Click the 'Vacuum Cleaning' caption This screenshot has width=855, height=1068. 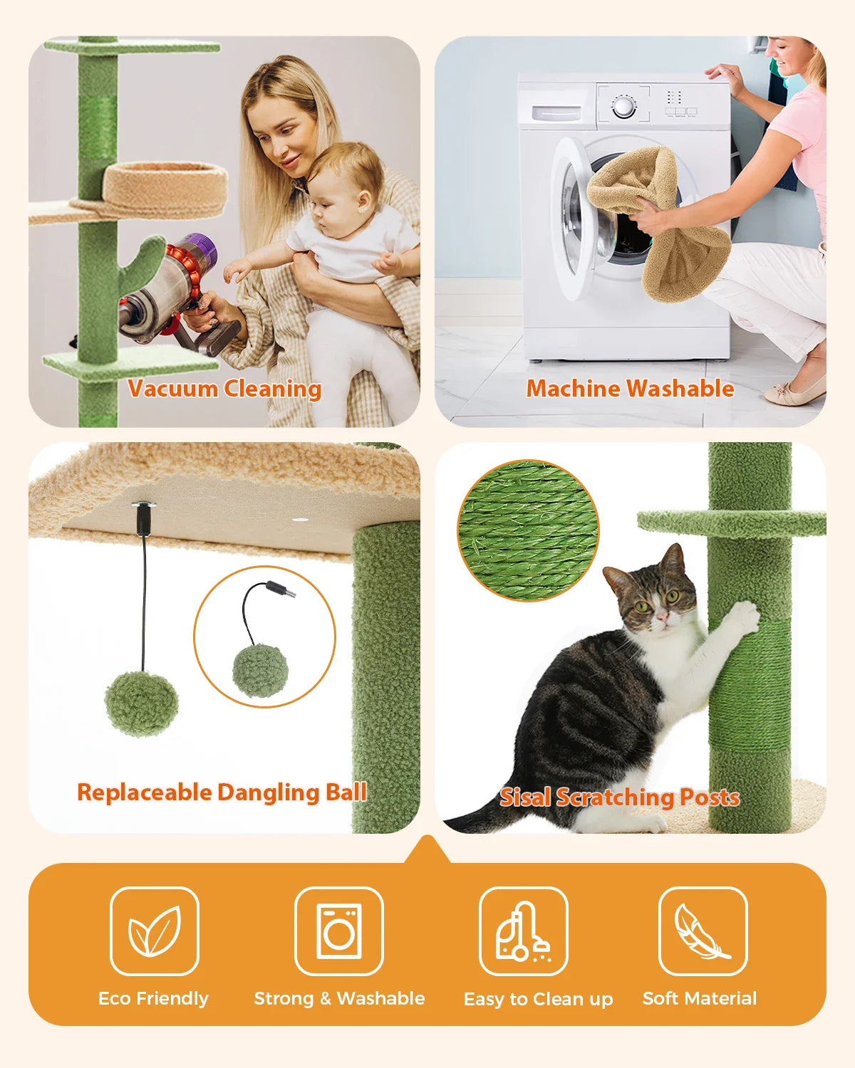tap(224, 389)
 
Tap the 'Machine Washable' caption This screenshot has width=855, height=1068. tap(630, 389)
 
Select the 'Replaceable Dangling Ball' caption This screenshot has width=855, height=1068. tap(222, 792)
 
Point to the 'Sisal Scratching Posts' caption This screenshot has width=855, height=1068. tap(619, 797)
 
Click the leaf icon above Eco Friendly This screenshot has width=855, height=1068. tap(154, 931)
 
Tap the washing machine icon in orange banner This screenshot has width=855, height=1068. tap(339, 931)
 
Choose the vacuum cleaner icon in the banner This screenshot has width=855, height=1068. tap(523, 931)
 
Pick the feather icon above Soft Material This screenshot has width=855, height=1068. tap(703, 931)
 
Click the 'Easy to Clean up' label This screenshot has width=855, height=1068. tap(538, 999)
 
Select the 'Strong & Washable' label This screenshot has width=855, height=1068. tap(339, 998)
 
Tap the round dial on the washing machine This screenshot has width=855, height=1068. tap(624, 108)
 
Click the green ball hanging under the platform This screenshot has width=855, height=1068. tap(141, 703)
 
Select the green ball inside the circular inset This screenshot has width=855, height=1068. tap(260, 670)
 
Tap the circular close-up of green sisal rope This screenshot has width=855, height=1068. tap(528, 530)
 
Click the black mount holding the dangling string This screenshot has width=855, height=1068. tap(142, 518)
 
